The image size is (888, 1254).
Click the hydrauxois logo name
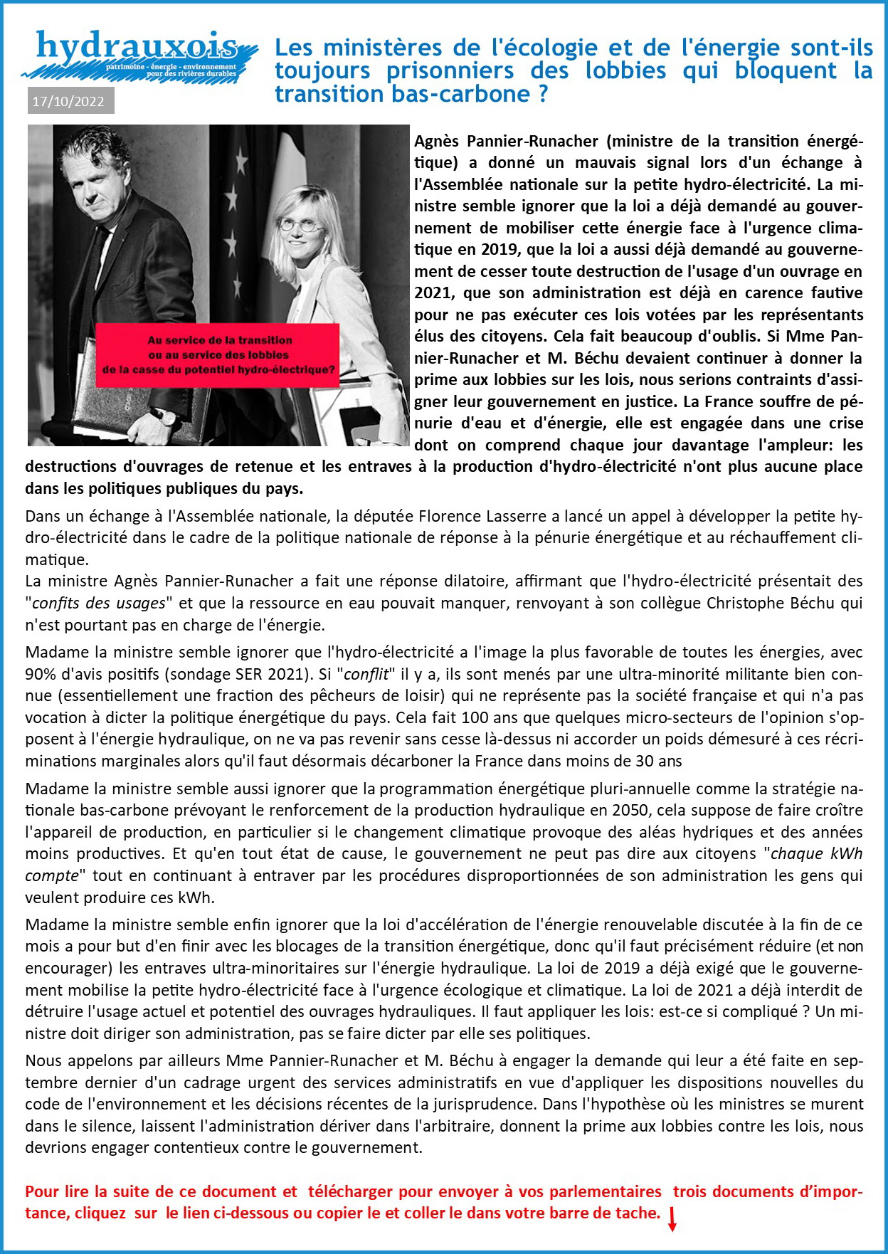137,47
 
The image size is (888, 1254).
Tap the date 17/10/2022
68,101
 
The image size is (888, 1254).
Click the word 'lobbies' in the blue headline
625,70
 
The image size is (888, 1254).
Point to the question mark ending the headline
543,93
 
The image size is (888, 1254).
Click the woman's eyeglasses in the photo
300,225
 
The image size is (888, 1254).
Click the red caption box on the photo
218,355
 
